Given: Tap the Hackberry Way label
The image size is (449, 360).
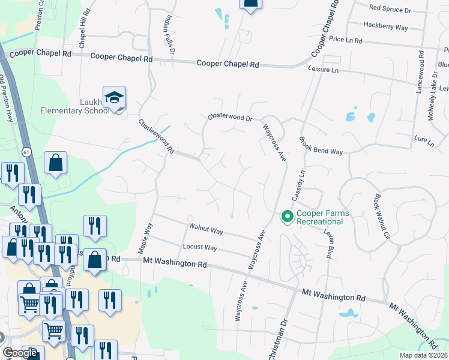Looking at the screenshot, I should point(386,27).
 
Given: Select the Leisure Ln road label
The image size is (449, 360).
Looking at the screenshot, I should point(323,70).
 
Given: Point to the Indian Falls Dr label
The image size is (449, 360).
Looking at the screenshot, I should point(168,35).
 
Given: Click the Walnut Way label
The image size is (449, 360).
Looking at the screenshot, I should point(206,230).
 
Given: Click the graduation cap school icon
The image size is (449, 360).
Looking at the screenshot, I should point(114,98).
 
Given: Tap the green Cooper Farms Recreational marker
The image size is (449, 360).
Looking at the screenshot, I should point(287,216).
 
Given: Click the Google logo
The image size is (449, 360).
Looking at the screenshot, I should point(20,353).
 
